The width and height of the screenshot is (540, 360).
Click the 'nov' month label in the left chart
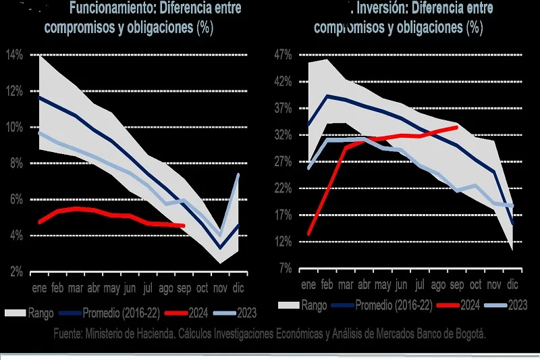pos(220,288)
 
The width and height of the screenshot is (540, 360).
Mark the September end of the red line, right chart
pos(456,127)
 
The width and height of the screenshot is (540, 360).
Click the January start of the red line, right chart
pos(308,234)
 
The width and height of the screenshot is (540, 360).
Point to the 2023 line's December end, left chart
pos(238,175)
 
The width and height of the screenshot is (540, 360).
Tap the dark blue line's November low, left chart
pos(220,248)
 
